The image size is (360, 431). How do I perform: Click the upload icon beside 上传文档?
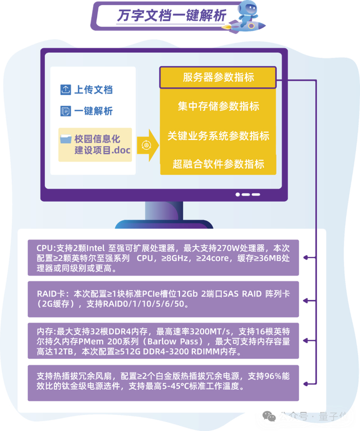65,89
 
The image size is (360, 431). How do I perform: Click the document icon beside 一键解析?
65,111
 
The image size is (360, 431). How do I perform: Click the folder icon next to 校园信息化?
66,139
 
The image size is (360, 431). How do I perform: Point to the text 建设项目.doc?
103,150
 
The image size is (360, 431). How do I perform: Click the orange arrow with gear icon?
147,146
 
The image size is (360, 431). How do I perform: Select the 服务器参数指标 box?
218,78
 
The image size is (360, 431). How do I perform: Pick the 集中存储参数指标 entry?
218,106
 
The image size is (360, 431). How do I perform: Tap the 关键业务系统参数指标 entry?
218,136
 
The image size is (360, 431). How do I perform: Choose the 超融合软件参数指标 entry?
218,164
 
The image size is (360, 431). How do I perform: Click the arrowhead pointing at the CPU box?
307,257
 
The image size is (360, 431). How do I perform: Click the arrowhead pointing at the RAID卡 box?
307,299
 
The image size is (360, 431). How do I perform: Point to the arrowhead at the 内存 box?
307,341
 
